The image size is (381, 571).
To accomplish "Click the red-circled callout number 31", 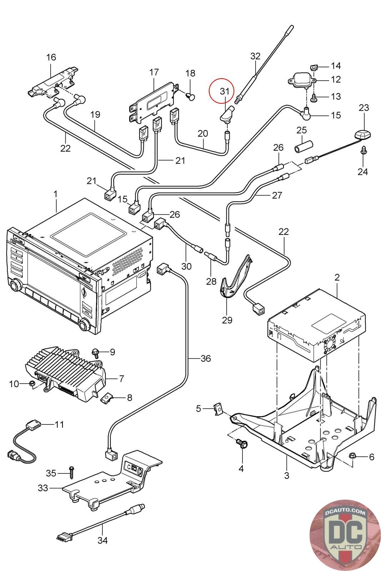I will (225, 91).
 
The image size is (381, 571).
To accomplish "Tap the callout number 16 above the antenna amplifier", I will (51, 57).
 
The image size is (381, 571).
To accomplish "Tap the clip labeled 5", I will (218, 409).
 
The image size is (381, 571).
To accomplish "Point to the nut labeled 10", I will (32, 384).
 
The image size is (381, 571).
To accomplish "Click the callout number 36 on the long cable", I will (206, 358).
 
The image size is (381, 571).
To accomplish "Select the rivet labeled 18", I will (191, 95).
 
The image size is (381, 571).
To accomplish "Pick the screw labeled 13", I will (315, 97).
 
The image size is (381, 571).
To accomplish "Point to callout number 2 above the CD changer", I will (337, 277).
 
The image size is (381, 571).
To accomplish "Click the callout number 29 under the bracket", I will (227, 320).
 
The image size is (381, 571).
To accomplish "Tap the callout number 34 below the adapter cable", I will (102, 540).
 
